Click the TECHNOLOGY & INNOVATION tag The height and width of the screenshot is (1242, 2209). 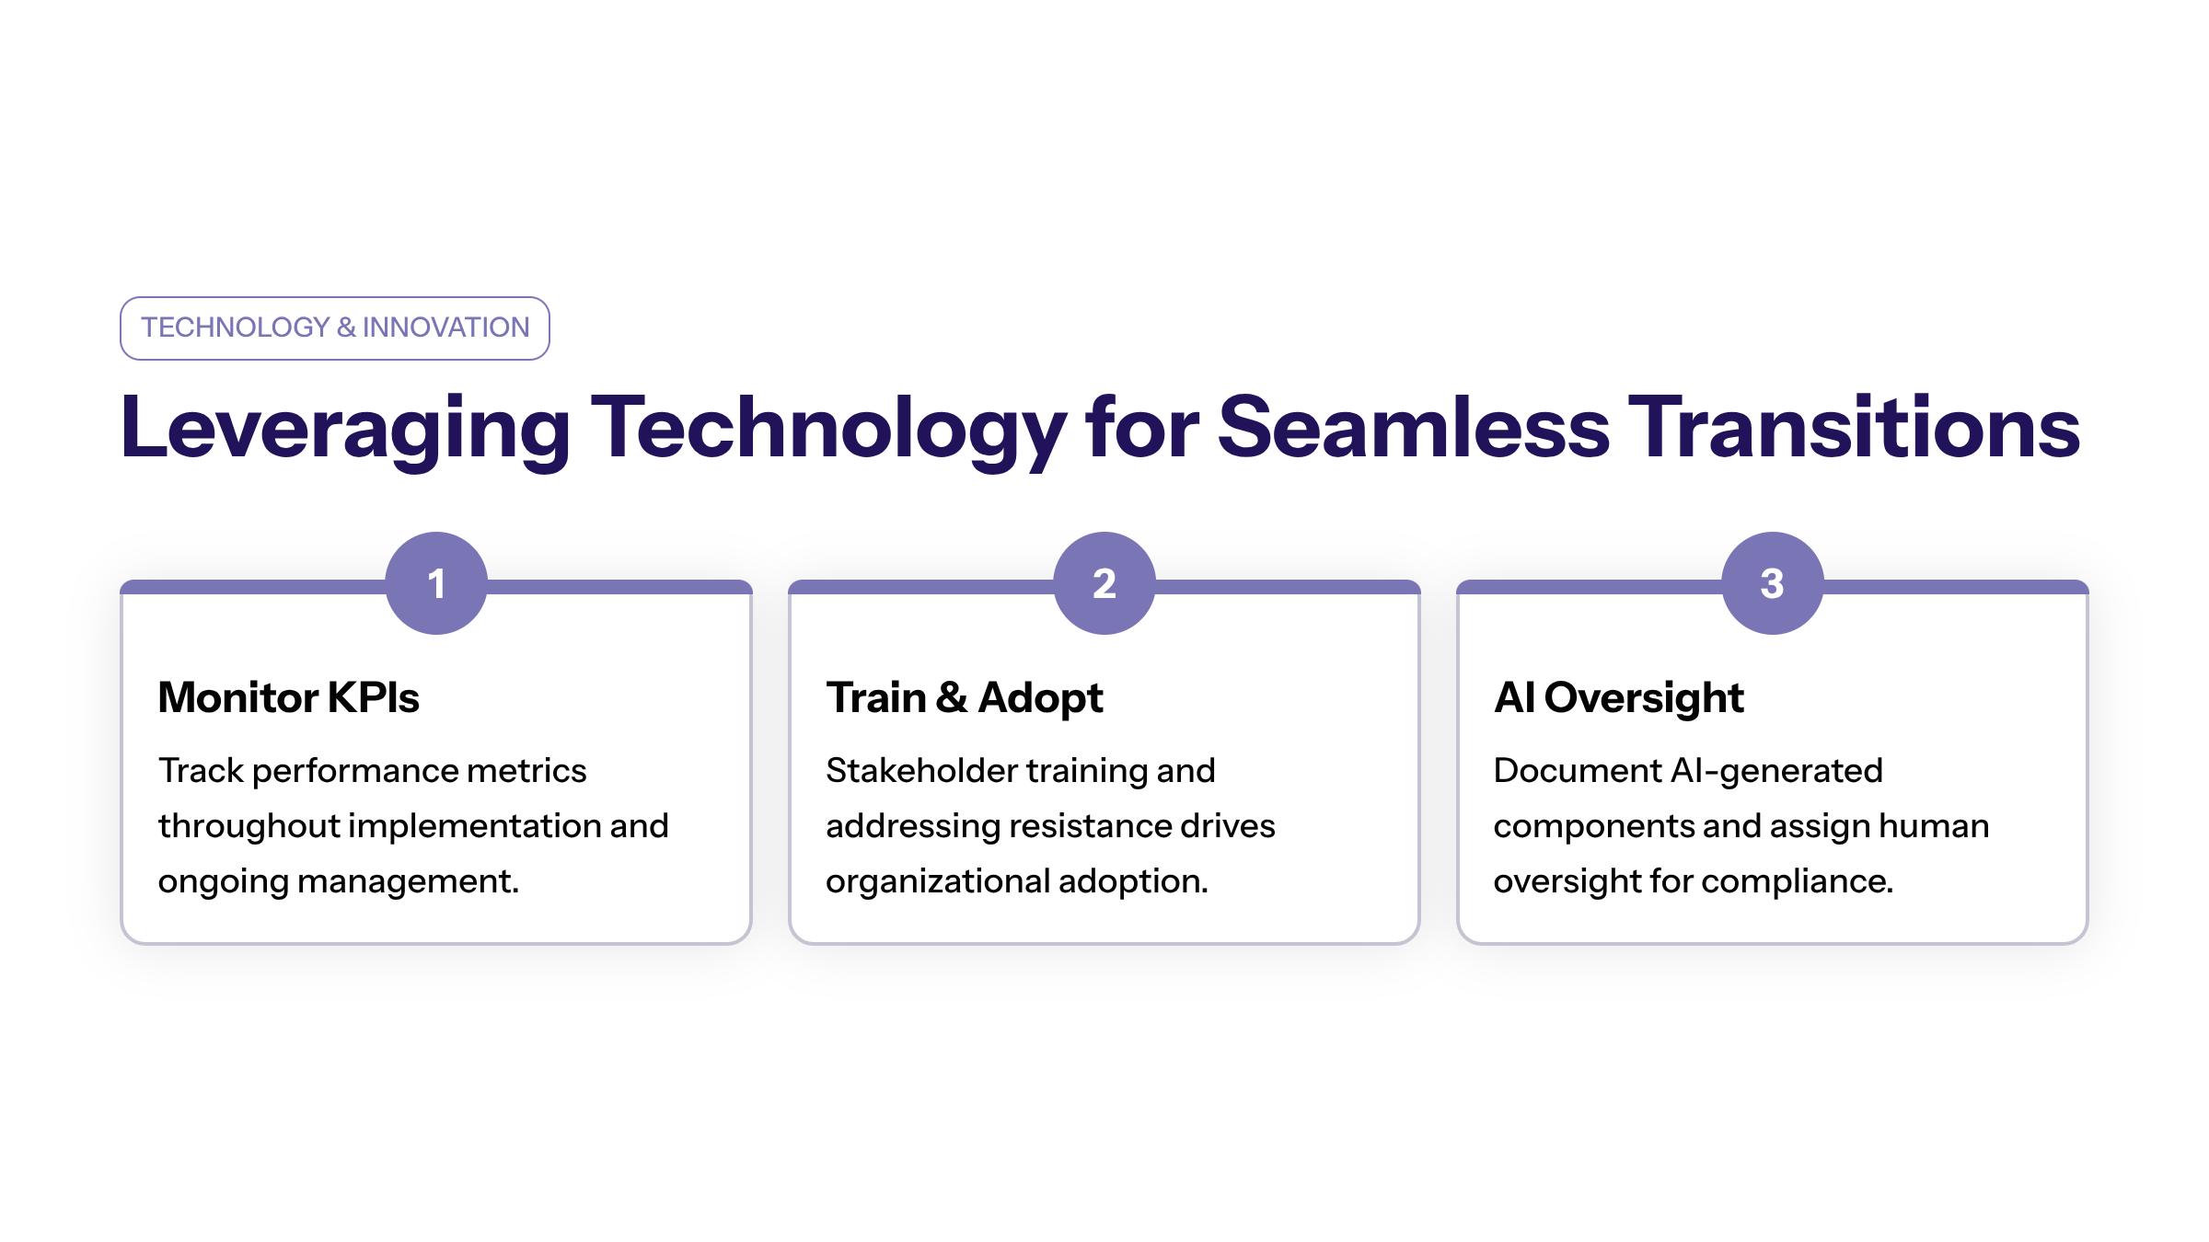[x=335, y=328]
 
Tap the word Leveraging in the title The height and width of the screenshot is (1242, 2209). [x=345, y=429]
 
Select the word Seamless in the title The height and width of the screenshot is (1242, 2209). [x=1413, y=427]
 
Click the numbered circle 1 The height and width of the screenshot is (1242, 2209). [x=436, y=583]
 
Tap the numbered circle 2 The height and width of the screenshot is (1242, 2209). [x=1104, y=583]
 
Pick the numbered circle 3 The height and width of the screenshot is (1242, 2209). [x=1772, y=583]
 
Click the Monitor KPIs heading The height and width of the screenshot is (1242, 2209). [x=289, y=697]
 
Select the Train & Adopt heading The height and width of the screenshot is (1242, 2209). [x=964, y=697]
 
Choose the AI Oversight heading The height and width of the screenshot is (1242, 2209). [x=1618, y=697]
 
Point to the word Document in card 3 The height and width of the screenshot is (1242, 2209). [x=1577, y=771]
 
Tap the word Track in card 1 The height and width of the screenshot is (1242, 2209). [x=200, y=771]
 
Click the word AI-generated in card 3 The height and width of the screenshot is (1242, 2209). [x=1776, y=771]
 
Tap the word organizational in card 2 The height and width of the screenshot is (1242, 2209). [x=937, y=881]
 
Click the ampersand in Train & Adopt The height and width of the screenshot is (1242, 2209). [x=952, y=697]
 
